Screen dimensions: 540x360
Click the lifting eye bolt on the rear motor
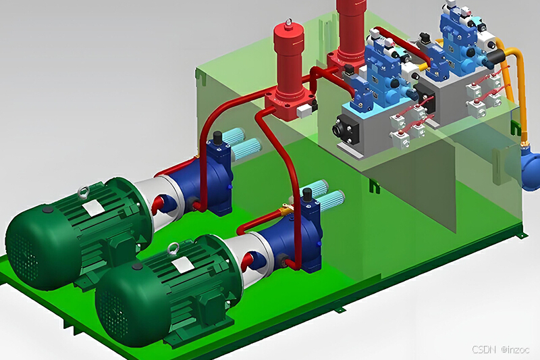point(82,192)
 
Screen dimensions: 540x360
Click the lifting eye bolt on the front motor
point(173,249)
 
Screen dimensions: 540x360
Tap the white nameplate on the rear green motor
point(93,208)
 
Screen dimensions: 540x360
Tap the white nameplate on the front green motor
point(182,265)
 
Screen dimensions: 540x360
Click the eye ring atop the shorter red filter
point(289,22)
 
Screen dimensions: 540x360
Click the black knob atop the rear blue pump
point(217,138)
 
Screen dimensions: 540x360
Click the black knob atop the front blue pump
point(306,195)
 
